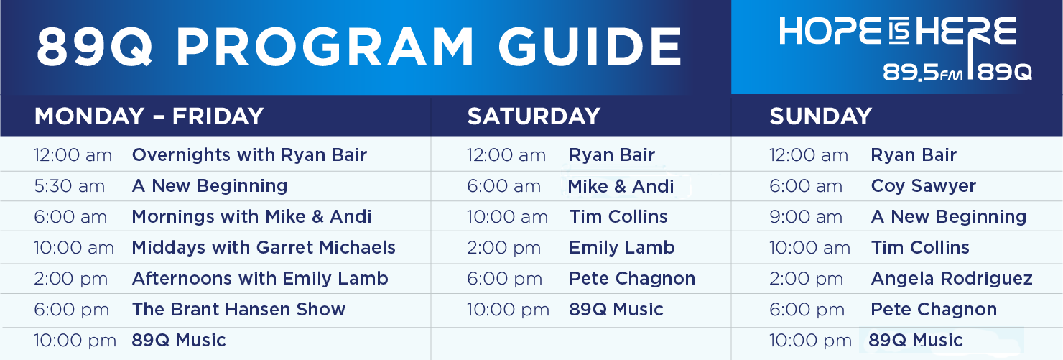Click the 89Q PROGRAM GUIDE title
359,46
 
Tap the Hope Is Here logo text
898,32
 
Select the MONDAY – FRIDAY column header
149,116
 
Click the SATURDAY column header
534,116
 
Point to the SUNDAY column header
820,116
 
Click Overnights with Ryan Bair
249,154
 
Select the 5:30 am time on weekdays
69,185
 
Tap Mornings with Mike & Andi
251,217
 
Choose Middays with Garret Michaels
264,247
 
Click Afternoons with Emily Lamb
260,279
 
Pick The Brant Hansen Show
238,309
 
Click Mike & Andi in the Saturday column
621,186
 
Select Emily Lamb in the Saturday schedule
622,247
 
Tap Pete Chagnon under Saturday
632,279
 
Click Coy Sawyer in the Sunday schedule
923,186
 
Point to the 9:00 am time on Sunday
806,217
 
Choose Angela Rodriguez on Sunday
952,279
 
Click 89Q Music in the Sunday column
916,340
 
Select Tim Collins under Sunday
919,247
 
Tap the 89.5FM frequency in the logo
922,73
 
